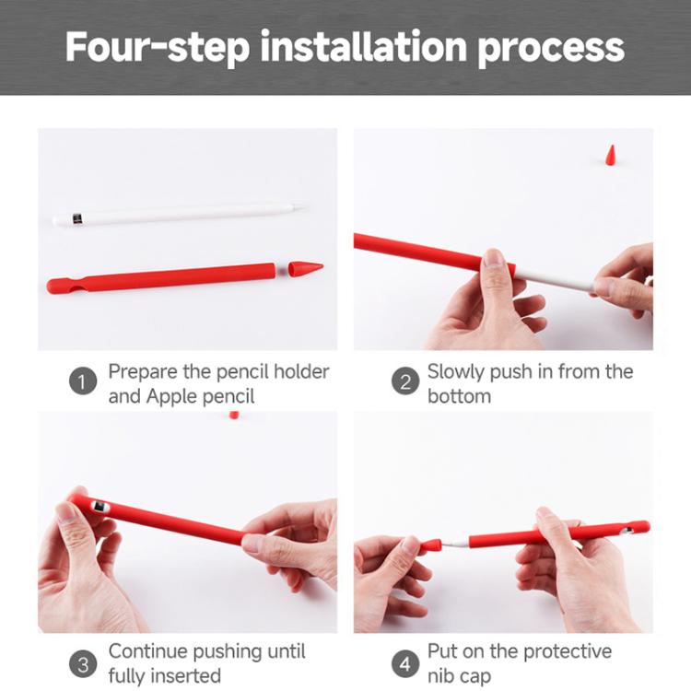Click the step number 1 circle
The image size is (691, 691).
[83, 382]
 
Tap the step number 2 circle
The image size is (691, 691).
[405, 382]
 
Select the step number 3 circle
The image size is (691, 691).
[83, 662]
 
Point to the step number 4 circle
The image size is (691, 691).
[405, 662]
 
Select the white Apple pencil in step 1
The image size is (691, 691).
[175, 215]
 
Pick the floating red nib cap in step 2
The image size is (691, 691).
[611, 154]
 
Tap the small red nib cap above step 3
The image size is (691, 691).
[234, 416]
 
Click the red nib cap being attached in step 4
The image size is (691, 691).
[430, 547]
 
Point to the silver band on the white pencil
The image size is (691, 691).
[76, 220]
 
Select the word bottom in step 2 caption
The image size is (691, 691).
[459, 396]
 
